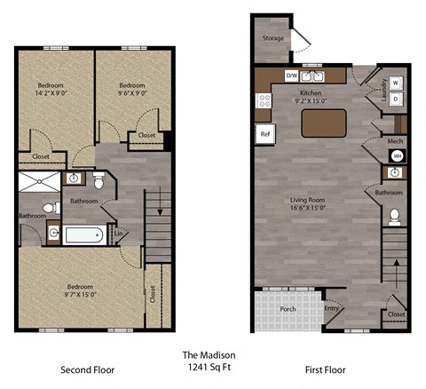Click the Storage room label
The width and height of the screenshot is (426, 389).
[x=272, y=39]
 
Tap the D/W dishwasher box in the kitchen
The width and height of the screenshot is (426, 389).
[x=291, y=76]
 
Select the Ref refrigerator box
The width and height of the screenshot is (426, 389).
[x=264, y=133]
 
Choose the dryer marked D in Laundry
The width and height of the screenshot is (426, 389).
[x=394, y=99]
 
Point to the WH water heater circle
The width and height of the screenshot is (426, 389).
[x=396, y=156]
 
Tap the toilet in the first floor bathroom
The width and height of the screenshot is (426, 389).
[x=393, y=216]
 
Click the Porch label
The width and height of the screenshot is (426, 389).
[x=288, y=310]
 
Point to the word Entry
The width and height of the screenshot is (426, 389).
[x=331, y=308]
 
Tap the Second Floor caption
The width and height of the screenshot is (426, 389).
[x=87, y=369]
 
